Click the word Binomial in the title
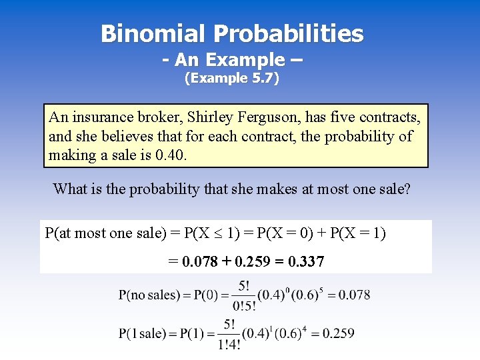153,33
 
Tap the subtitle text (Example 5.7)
231,79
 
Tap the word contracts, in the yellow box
390,118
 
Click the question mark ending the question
407,189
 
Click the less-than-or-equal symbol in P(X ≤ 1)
223,234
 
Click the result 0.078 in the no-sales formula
354,295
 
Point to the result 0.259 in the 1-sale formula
338,333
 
